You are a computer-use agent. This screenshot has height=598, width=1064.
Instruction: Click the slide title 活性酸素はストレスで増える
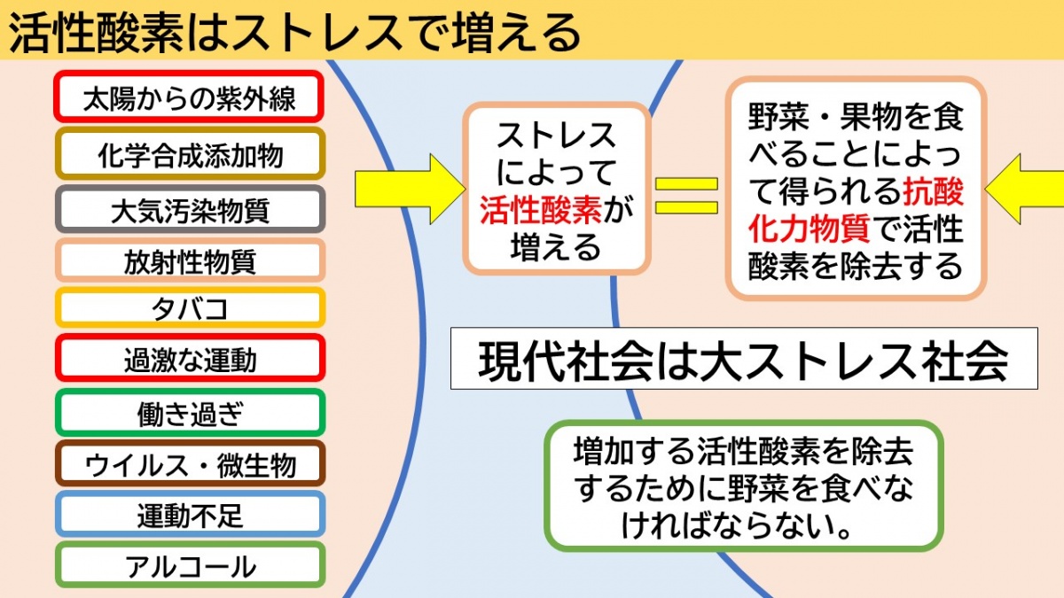294,31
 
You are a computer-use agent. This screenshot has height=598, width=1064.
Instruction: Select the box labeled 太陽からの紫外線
189,97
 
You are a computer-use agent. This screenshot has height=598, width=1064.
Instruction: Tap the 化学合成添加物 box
190,154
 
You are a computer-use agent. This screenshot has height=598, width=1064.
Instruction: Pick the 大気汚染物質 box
190,209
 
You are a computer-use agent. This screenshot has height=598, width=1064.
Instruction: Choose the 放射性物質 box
190,260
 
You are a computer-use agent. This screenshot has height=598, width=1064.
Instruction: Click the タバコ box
190,307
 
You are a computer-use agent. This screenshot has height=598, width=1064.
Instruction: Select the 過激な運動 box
190,358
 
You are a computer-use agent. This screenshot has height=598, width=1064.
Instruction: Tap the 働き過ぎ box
190,413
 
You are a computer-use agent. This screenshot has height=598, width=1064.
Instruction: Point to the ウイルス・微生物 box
190,463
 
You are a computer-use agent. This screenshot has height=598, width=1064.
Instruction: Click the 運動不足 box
190,514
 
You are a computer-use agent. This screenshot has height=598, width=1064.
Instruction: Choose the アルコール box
190,565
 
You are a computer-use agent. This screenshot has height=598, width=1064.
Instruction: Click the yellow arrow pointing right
411,189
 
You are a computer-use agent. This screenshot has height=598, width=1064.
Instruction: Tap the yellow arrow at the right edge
1025,189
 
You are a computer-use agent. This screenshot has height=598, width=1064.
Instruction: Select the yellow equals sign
687,196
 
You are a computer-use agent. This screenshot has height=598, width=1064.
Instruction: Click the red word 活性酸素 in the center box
541,210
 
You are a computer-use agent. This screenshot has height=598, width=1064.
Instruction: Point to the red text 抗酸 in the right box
933,191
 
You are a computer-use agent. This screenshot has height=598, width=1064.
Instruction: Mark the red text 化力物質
809,229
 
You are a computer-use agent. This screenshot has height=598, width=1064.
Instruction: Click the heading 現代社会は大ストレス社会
743,360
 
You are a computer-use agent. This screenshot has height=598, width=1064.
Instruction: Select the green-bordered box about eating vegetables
744,485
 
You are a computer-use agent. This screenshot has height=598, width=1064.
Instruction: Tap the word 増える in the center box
556,247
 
